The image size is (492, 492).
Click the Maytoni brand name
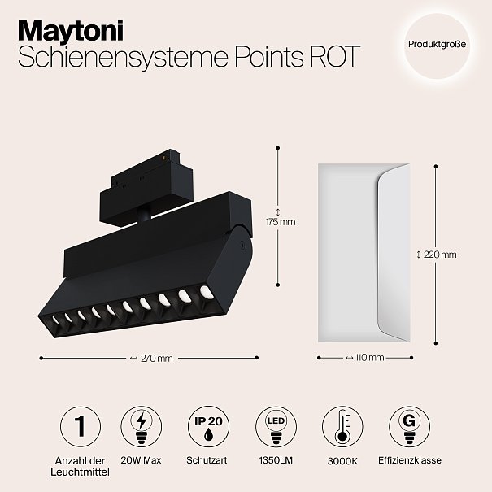click(x=71, y=30)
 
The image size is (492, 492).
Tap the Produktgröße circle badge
click(x=437, y=44)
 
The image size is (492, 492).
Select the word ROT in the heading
click(x=334, y=56)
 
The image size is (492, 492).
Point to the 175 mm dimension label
click(x=281, y=222)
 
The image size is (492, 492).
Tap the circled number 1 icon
click(x=81, y=426)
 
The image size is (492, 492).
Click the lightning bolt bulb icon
click(x=142, y=426)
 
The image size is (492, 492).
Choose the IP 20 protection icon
click(x=208, y=426)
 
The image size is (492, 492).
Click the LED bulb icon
click(x=276, y=426)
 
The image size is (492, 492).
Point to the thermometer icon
click(x=342, y=426)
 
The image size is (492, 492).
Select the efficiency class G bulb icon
click(x=410, y=426)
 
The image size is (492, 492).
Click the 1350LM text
click(x=276, y=460)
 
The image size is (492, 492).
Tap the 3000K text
click(x=342, y=461)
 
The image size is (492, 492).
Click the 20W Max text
click(x=141, y=460)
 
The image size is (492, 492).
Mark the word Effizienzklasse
click(x=410, y=460)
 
